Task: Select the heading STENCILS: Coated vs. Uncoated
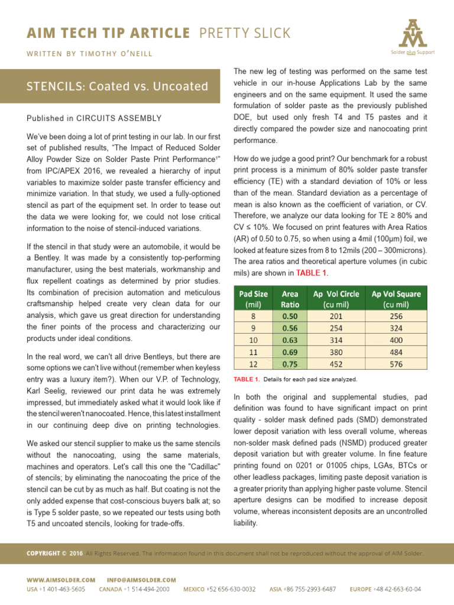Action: pos(118,87)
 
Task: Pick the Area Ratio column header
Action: pos(290,299)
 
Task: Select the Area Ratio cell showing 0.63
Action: pos(290,341)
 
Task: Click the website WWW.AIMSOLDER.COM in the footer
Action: pos(61,580)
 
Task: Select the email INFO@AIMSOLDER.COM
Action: pos(141,580)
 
